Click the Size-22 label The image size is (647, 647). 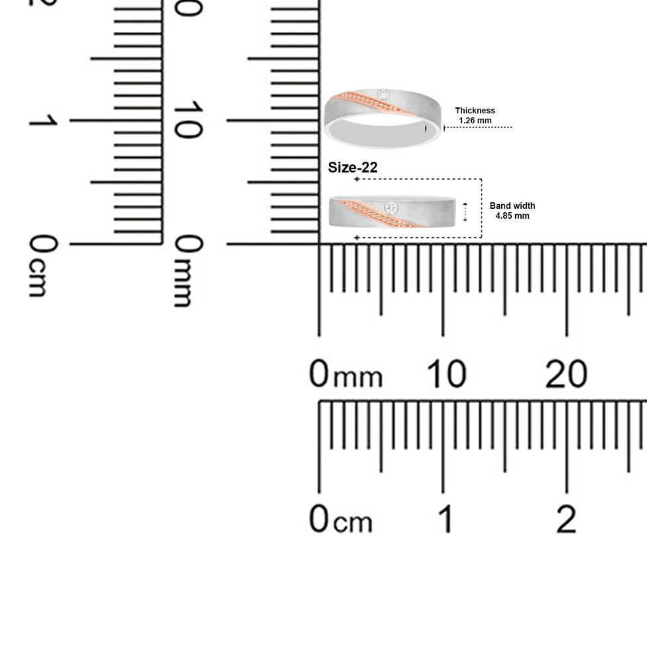tap(353, 168)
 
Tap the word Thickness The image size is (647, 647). tap(475, 111)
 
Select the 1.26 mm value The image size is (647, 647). tap(475, 121)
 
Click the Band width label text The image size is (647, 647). tap(512, 206)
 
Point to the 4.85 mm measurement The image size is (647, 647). tap(512, 216)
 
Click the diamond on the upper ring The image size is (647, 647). tap(383, 95)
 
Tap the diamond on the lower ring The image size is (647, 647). tap(391, 208)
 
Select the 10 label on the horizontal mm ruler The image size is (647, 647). tap(446, 374)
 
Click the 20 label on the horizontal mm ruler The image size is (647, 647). tap(566, 374)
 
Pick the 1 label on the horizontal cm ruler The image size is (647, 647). tap(445, 518)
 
